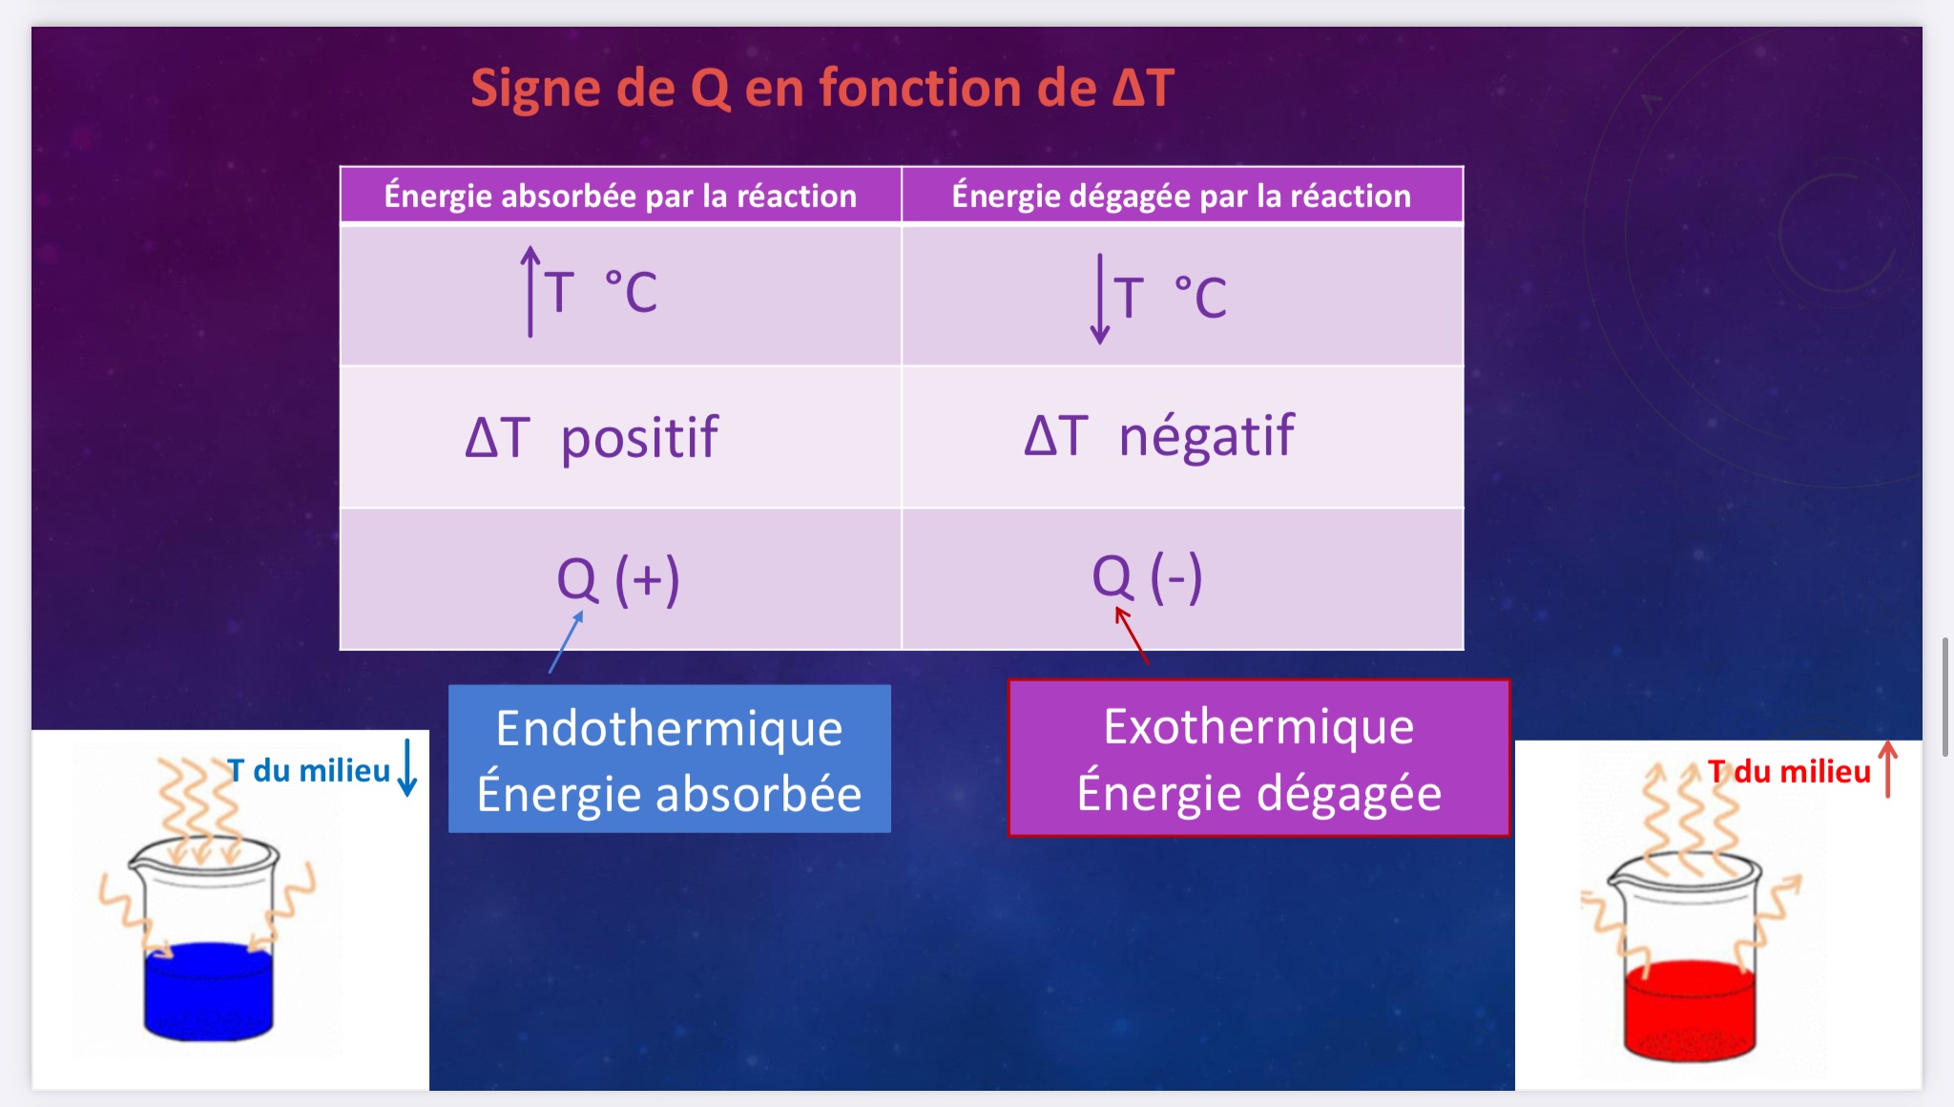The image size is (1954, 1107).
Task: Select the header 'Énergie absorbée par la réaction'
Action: point(620,196)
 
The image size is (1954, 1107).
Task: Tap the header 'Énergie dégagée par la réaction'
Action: point(1181,196)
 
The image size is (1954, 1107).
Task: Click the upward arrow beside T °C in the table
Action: point(530,292)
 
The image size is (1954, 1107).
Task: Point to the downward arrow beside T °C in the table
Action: point(1100,299)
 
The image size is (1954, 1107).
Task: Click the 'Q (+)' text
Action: point(618,579)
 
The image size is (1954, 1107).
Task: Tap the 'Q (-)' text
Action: point(1147,577)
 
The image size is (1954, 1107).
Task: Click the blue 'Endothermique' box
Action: point(670,759)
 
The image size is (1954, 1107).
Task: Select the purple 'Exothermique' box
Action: point(1259,758)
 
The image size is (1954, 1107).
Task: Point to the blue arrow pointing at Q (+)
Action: point(566,642)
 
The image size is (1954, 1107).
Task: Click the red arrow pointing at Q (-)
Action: point(1133,637)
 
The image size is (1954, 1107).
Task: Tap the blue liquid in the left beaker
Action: point(209,991)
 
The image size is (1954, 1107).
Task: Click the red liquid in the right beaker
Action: point(1690,1011)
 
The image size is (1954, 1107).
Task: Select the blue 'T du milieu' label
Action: point(309,770)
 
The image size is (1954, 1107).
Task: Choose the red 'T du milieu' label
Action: point(1789,771)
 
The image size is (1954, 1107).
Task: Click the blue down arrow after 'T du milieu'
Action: point(407,766)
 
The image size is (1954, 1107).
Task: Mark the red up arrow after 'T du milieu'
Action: point(1887,769)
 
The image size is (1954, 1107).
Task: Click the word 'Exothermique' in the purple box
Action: point(1259,727)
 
